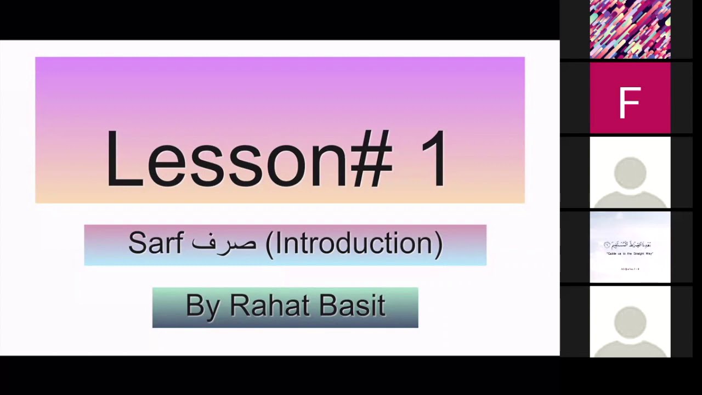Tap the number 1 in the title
pyautogui.click(x=435, y=159)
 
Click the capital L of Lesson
pyautogui.click(x=122, y=159)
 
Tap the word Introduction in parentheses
pyautogui.click(x=354, y=243)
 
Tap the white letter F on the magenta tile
pyautogui.click(x=630, y=103)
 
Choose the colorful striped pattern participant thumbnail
pyautogui.click(x=630, y=29)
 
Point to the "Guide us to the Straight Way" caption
pyautogui.click(x=630, y=253)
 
